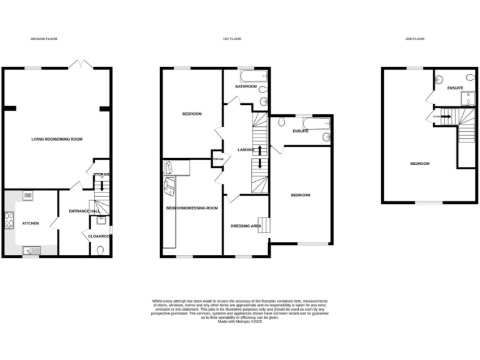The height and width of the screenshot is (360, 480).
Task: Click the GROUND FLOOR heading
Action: tap(44, 39)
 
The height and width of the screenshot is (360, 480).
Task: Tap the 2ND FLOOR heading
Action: tap(414, 39)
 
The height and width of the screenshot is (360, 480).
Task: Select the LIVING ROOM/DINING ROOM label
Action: tap(57, 139)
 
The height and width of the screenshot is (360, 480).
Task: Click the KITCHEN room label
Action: tap(31, 222)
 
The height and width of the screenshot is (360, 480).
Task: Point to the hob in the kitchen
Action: tap(9, 219)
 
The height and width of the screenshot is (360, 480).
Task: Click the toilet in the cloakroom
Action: tap(101, 250)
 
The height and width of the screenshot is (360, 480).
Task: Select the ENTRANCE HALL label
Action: tap(84, 211)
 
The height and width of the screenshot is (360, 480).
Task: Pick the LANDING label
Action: tap(246, 149)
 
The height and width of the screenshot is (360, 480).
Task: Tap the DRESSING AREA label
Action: tap(246, 226)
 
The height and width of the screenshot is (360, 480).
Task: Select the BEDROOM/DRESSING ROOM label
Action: tap(191, 207)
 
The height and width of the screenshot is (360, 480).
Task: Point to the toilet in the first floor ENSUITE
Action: tap(282, 122)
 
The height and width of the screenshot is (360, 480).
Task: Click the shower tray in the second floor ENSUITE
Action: tap(471, 96)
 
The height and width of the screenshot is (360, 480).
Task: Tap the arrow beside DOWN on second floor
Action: tap(445, 116)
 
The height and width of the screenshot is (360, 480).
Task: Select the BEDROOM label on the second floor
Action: tap(419, 164)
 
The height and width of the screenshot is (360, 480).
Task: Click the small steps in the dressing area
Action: tap(265, 225)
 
